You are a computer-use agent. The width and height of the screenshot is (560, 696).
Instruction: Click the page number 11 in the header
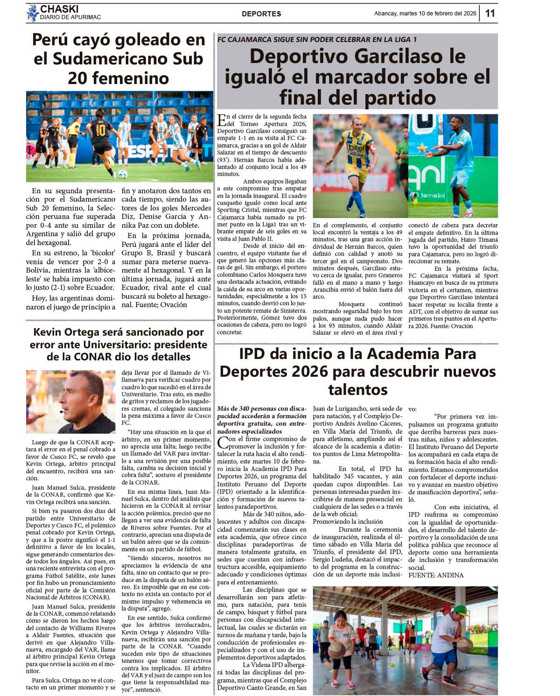pos(490,13)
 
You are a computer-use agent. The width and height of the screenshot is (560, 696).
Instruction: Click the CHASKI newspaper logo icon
pos(32,13)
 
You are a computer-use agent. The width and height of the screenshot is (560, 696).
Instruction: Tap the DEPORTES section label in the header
pos(261,14)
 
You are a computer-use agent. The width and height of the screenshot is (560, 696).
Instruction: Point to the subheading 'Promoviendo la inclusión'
pos(348,521)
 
